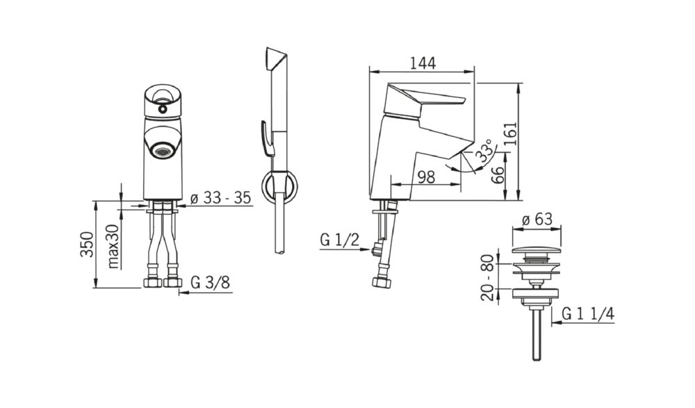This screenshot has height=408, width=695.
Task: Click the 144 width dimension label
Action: pos(423,63)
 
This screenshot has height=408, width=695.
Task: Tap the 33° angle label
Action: pos(484,150)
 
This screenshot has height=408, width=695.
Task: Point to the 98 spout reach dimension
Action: pos(427,177)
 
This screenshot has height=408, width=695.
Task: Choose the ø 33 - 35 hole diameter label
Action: pos(220,198)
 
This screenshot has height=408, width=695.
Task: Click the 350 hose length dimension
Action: pos(87,244)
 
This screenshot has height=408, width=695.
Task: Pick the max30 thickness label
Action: pos(113,247)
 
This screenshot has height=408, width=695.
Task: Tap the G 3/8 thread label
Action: pos(211,282)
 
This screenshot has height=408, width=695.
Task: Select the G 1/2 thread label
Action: pos(340,240)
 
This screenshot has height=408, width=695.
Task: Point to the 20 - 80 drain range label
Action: pos(487,277)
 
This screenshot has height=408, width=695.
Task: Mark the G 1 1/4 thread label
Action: pos(588,313)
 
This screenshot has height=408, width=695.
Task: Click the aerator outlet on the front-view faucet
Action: pos(163,150)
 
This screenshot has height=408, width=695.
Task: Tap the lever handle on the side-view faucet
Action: pos(425,100)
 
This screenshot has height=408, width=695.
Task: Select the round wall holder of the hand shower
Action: pos(279,186)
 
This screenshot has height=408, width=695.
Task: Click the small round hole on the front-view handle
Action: pos(163,108)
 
